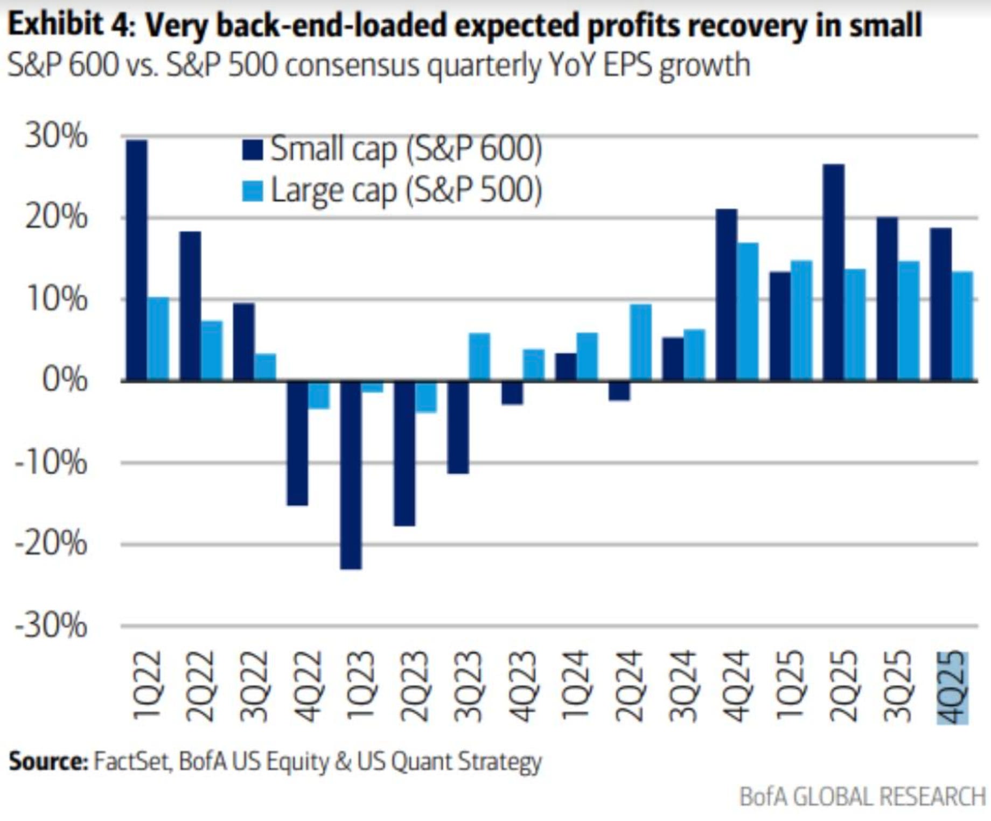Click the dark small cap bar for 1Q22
(136, 261)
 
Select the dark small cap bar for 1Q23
(351, 475)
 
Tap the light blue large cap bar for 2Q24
(641, 343)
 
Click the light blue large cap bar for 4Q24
(748, 312)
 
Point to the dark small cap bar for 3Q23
(458, 427)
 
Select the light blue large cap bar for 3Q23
(480, 357)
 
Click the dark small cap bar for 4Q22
(297, 443)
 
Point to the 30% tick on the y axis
(55, 136)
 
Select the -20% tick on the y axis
(51, 543)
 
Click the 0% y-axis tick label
(64, 380)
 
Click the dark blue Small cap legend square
(253, 150)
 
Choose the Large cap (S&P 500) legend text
(406, 191)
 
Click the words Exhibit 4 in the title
(70, 25)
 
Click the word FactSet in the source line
(132, 761)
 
